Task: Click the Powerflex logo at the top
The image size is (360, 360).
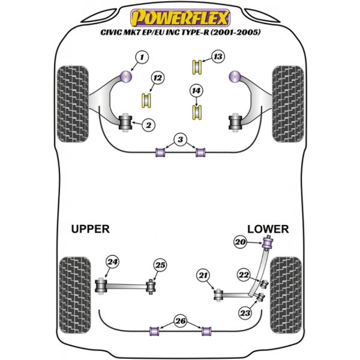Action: (180, 17)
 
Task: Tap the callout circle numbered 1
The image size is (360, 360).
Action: (142, 57)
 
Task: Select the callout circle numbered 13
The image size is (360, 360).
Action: (218, 56)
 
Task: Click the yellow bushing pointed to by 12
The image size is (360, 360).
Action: (146, 100)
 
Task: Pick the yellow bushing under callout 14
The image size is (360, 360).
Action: (197, 112)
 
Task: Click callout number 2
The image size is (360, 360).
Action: (149, 125)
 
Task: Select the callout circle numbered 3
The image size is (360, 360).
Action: (181, 139)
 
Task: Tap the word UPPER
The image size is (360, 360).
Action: (91, 229)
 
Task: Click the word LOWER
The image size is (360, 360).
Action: (268, 229)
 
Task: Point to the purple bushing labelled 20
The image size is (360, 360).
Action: (268, 243)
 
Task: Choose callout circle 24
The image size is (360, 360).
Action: (113, 262)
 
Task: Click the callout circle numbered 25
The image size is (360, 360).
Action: (160, 265)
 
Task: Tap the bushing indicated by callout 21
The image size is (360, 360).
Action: (218, 295)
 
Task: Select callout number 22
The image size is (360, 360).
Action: (244, 275)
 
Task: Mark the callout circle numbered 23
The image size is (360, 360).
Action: (245, 313)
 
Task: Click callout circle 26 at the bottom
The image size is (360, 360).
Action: (181, 321)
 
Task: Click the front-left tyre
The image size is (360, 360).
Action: (73, 104)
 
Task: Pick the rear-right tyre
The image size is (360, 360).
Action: (286, 295)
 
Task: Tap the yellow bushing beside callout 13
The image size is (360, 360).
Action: (197, 67)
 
